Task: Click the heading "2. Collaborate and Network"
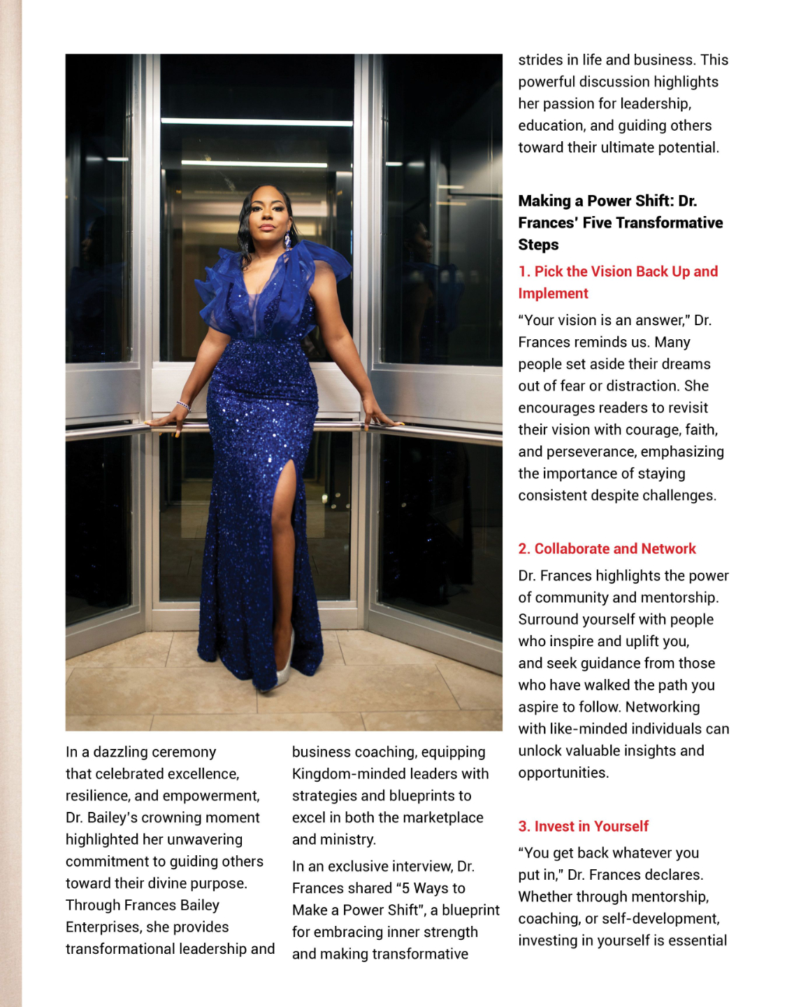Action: [x=607, y=549]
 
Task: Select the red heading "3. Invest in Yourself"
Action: [x=583, y=827]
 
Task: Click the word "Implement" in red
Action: [x=553, y=294]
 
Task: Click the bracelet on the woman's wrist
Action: [x=184, y=406]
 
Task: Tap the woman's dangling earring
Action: [x=287, y=241]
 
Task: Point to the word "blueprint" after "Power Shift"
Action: [x=470, y=910]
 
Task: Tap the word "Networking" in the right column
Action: [x=662, y=707]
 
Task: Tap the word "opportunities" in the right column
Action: [x=563, y=773]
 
